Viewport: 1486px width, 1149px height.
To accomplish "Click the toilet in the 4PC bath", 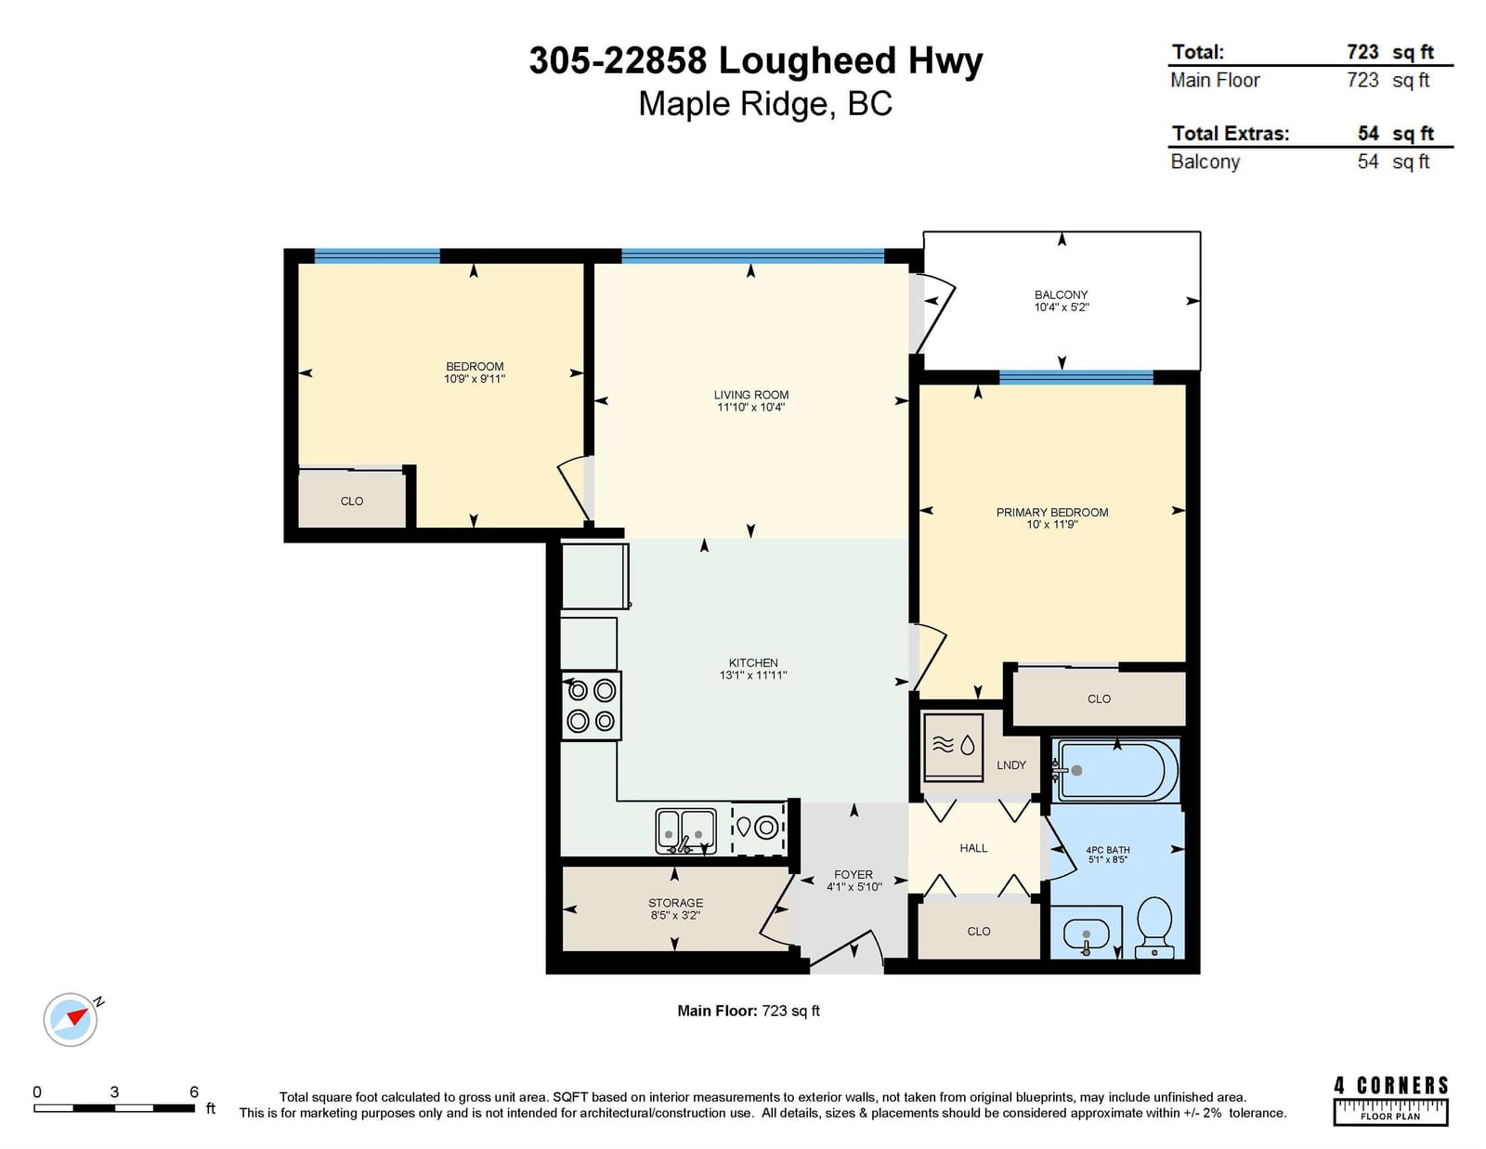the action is (x=1154, y=927).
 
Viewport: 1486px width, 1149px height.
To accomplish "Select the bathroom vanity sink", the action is (x=1086, y=935).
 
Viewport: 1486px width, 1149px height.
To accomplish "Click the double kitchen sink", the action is (x=686, y=831).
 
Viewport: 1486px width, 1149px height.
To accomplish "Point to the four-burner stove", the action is (x=592, y=705).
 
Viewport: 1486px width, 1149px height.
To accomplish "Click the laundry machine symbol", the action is (x=954, y=747).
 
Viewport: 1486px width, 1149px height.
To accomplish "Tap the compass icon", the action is (x=72, y=1019).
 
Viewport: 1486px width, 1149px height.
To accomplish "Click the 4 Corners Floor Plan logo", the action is (x=1390, y=1100).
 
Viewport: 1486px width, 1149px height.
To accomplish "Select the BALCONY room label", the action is (x=1061, y=294).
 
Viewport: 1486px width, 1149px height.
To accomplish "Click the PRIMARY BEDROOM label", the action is (x=1051, y=512).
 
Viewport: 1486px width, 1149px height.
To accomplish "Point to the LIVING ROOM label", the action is (x=750, y=395).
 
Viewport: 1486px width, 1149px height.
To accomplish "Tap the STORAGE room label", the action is (x=675, y=903).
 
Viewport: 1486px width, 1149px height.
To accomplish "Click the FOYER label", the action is (x=853, y=875).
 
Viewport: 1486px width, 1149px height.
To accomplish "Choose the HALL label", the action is (x=973, y=848).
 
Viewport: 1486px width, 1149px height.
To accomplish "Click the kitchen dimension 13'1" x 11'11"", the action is (x=753, y=675).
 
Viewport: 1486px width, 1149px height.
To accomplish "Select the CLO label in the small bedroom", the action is (x=351, y=502).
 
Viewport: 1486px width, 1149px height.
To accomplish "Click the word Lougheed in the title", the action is (x=807, y=61).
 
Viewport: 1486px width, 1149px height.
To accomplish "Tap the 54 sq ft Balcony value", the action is (x=1393, y=162).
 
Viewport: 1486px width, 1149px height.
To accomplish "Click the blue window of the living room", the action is (x=752, y=256).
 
